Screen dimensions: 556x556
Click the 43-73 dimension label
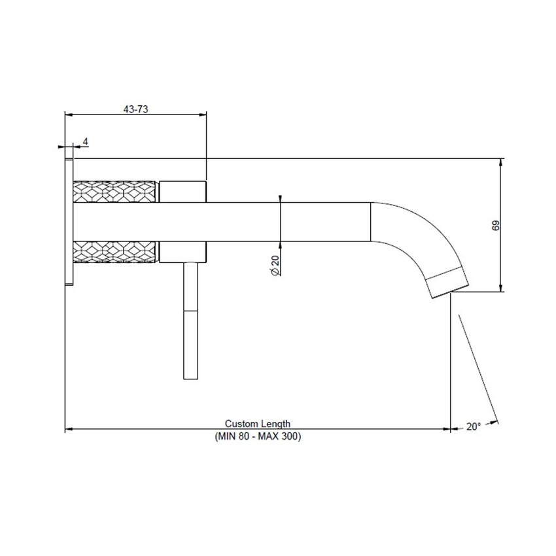(x=136, y=109)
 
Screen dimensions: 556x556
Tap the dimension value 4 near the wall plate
(x=85, y=141)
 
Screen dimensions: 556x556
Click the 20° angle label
(x=474, y=426)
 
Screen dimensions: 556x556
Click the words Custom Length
(x=258, y=424)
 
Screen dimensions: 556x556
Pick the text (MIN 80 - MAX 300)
(x=258, y=436)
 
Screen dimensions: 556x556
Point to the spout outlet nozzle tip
(x=449, y=281)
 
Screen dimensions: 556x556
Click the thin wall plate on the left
(x=69, y=222)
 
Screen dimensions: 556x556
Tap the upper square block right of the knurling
(x=182, y=191)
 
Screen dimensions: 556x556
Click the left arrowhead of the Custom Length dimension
(x=68, y=429)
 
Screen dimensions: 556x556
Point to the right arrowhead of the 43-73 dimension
(x=203, y=115)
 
